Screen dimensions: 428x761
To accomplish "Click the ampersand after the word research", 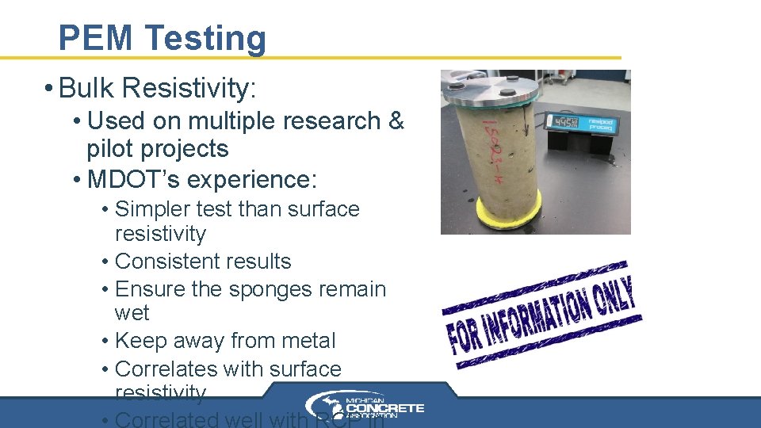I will pyautogui.click(x=396, y=121).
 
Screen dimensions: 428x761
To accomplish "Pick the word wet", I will pyautogui.click(x=132, y=313).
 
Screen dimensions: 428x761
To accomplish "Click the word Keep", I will pyautogui.click(x=140, y=341).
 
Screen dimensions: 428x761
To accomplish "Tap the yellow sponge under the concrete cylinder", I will pyautogui.click(x=491, y=212).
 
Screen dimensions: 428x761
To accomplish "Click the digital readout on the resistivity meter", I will pyautogui.click(x=565, y=122).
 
